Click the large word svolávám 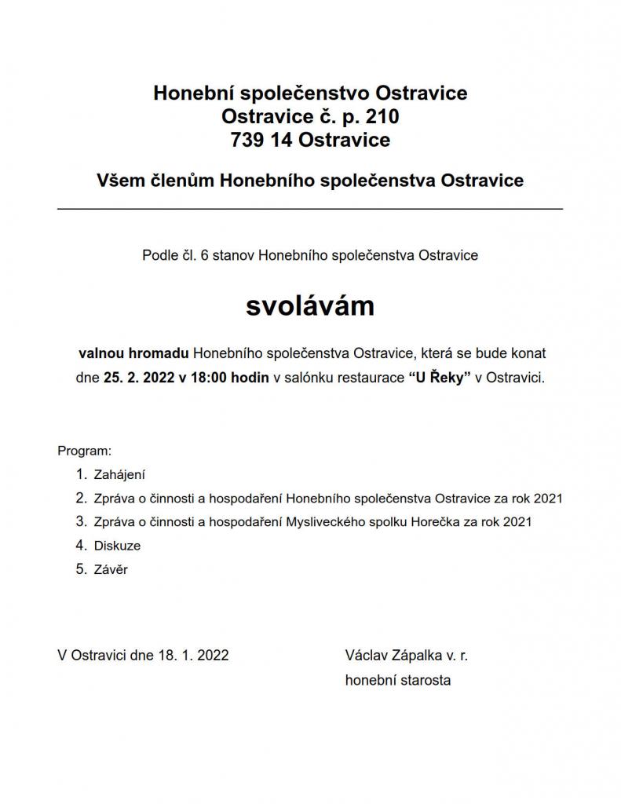pos(310,306)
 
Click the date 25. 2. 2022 pos(139,377)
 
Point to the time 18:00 pos(207,377)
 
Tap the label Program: pos(85,451)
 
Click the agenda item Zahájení pos(120,474)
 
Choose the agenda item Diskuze pos(117,545)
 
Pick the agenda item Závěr pos(111,569)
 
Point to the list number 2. pos(80,498)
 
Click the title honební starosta pos(398,680)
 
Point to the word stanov pos(232,255)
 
